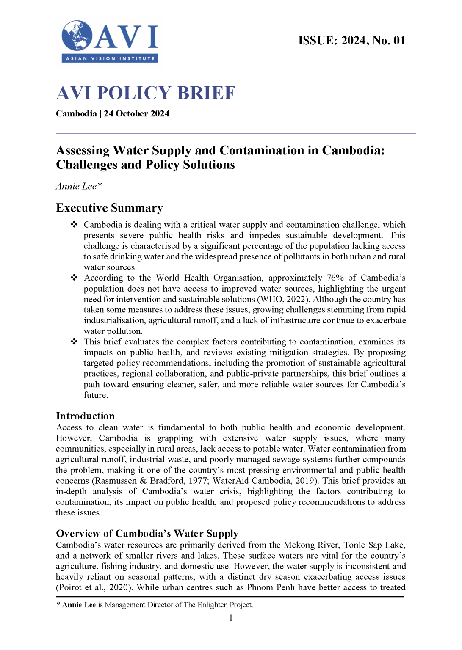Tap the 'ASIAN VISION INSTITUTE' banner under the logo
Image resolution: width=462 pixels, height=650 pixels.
(x=110, y=58)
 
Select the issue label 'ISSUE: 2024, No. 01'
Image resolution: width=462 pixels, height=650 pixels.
(x=351, y=41)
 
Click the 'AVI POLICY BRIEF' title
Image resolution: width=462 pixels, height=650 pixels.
(x=146, y=93)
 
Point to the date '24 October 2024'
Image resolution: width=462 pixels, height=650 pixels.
(x=136, y=114)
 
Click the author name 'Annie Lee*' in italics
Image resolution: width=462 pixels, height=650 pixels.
(x=79, y=186)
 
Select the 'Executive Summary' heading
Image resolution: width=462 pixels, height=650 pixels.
(x=109, y=208)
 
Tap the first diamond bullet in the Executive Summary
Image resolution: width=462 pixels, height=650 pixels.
(x=74, y=224)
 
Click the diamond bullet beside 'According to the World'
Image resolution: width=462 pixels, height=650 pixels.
(x=74, y=278)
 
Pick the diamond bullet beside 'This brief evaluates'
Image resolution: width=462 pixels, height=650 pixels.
(x=74, y=342)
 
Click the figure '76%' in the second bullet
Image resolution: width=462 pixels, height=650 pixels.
(x=335, y=278)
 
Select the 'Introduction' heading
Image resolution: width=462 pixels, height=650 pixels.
(x=85, y=416)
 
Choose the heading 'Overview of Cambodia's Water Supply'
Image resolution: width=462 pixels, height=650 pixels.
(x=147, y=533)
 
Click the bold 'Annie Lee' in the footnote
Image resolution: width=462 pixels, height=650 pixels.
(x=79, y=605)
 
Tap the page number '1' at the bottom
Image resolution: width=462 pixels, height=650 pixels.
(x=231, y=618)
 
